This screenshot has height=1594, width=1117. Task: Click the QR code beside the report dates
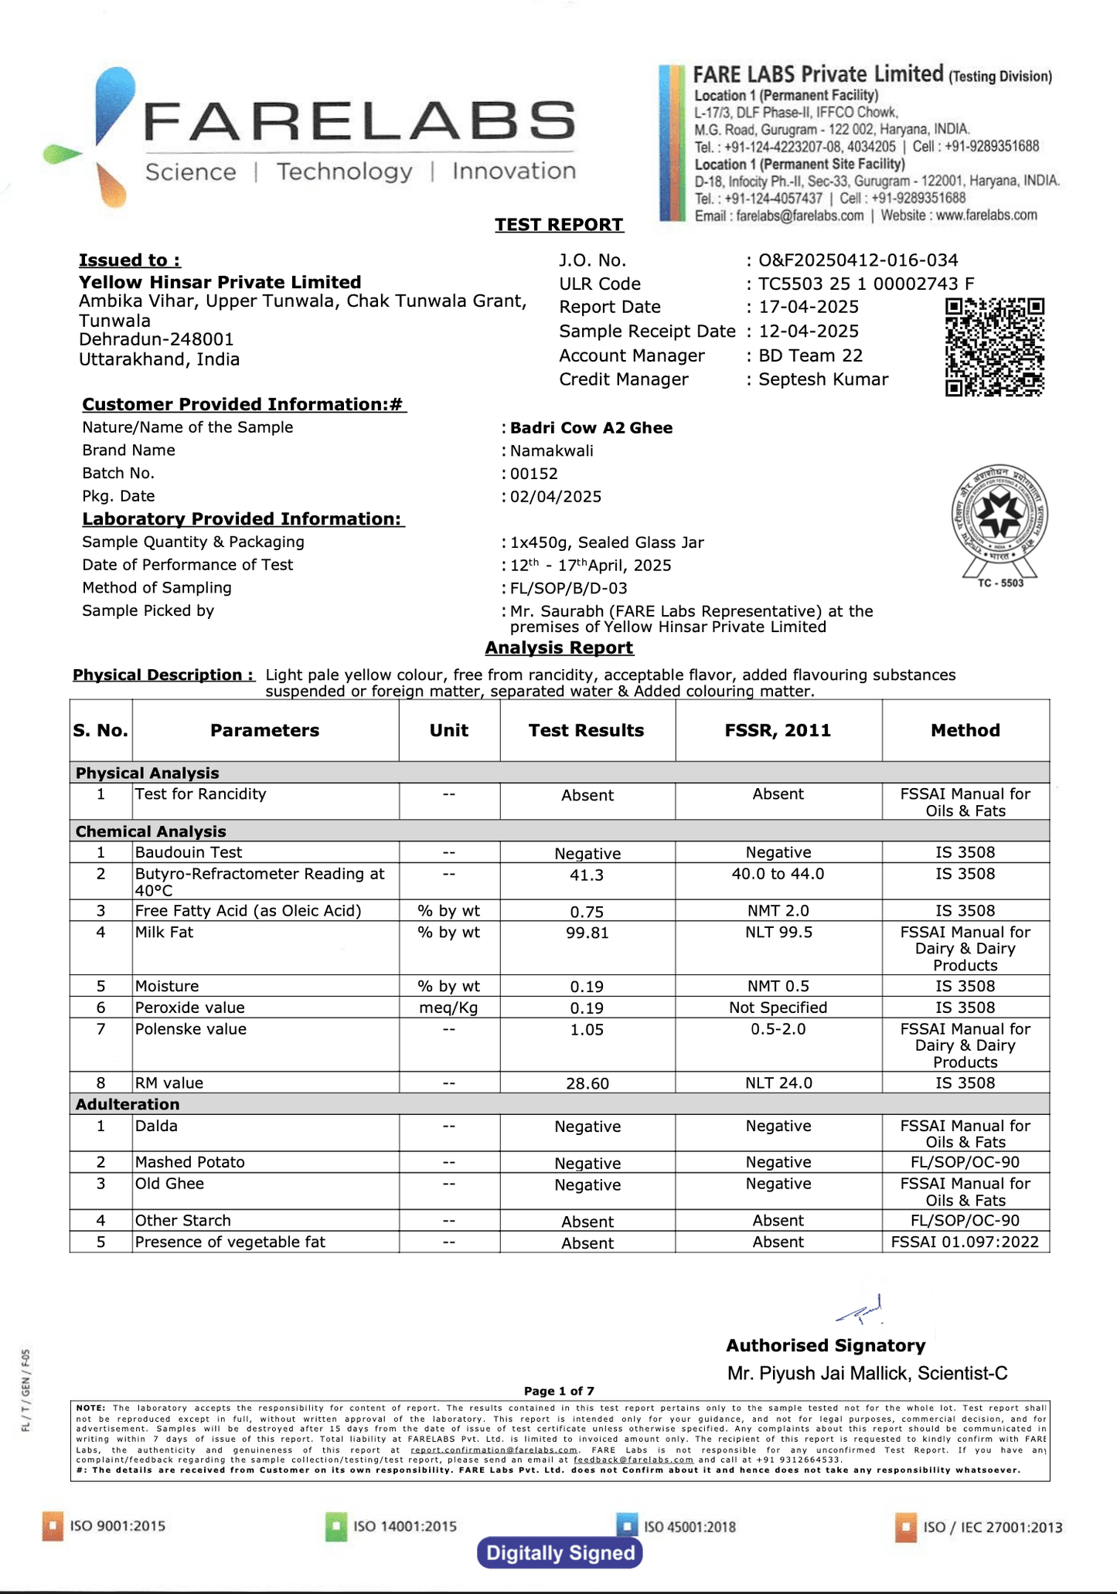coord(994,347)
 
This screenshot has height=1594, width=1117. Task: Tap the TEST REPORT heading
coord(559,225)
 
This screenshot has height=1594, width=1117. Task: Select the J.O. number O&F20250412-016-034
coord(858,260)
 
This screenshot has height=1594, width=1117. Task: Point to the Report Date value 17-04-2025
coord(809,308)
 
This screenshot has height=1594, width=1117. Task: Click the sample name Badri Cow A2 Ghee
coord(591,428)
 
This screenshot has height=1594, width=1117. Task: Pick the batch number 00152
coord(534,474)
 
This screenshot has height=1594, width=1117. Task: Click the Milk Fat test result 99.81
coord(587,933)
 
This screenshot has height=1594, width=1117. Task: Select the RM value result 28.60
coord(587,1083)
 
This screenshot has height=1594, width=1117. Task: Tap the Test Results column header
coord(586,730)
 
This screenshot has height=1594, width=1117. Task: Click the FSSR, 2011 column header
coord(778,730)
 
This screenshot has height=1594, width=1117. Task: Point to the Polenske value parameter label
coord(191,1029)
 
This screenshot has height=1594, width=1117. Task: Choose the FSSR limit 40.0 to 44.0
coord(778,874)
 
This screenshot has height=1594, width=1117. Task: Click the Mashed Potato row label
coord(190,1162)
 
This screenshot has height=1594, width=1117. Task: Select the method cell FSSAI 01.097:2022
coord(965,1242)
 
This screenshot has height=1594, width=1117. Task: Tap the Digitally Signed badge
coord(560,1553)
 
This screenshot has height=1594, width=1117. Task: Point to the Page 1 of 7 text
coord(559,1391)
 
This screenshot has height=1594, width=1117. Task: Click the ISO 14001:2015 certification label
coord(404,1526)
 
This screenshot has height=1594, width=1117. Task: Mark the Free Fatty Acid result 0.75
coord(587,912)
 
